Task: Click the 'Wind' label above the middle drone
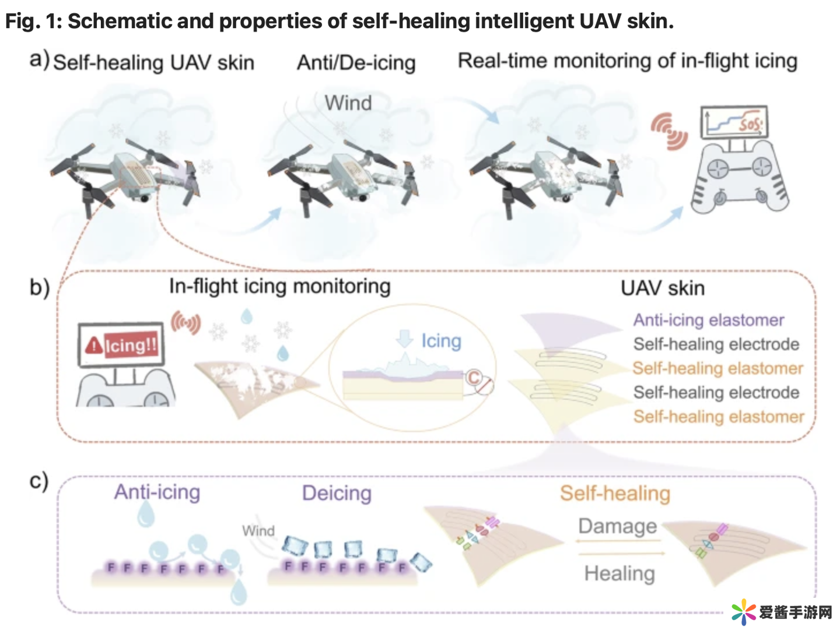point(348,103)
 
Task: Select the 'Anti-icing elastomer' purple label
point(708,320)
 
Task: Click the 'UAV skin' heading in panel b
point(662,288)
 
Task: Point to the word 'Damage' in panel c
point(617,526)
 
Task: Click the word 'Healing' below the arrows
point(619,573)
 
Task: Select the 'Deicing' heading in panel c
point(337,493)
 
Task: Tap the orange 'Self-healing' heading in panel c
point(615,493)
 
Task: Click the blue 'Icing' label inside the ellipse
point(440,341)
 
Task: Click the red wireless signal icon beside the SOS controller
point(670,132)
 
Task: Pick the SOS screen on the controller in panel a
point(734,122)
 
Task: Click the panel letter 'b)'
point(40,288)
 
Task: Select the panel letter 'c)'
point(38,481)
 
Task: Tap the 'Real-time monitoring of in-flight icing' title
point(627,61)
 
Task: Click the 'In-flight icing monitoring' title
point(279,286)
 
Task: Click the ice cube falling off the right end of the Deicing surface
point(421,562)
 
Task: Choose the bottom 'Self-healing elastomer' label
point(718,417)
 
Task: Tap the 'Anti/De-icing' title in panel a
point(356,62)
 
